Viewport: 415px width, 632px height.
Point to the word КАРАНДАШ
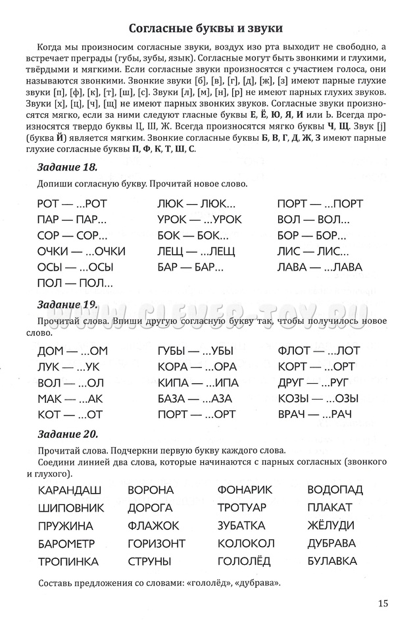pos(70,490)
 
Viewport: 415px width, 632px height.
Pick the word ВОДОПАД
pos(335,490)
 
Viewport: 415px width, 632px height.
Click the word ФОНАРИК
pos(244,490)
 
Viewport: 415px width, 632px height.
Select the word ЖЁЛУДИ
pos(331,525)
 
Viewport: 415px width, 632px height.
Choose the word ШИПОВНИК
pos(71,508)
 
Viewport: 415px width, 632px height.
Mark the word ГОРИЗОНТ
pos(157,543)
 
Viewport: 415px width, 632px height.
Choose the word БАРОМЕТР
pos(66,543)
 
